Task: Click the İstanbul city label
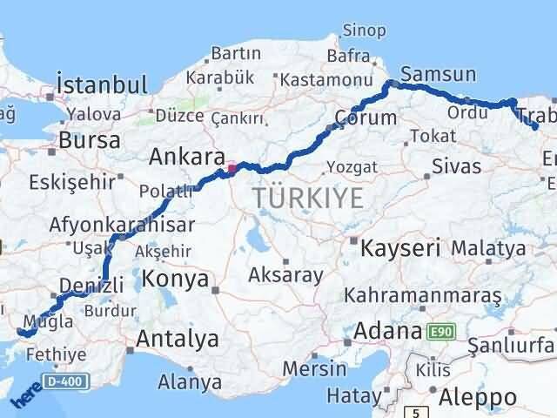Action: [x=101, y=85]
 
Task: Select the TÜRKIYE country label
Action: [x=309, y=198]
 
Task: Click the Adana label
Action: [x=387, y=331]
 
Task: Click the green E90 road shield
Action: [x=441, y=331]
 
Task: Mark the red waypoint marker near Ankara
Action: [x=231, y=168]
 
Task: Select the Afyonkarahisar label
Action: [x=124, y=224]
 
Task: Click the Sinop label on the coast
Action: [x=365, y=31]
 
